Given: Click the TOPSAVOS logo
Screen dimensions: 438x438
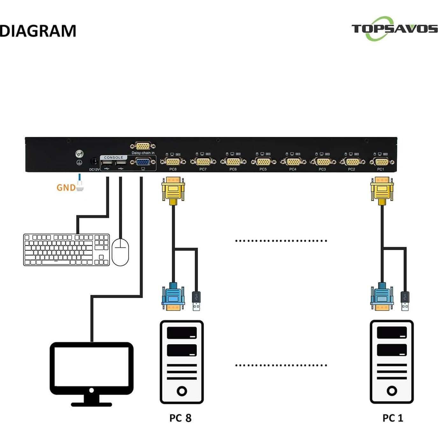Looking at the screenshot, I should (394, 29).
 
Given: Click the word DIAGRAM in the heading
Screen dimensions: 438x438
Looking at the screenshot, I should (38, 31).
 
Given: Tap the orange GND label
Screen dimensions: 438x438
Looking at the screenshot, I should (66, 188).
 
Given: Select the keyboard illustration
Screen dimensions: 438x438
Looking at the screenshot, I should (66, 250).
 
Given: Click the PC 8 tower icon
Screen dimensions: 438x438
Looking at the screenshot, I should (182, 362).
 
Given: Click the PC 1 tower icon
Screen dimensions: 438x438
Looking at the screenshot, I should (391, 362).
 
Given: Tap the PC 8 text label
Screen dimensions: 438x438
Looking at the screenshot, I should (180, 418).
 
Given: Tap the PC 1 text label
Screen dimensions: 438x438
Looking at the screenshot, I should (393, 418).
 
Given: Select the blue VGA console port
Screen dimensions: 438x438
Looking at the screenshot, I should (143, 162).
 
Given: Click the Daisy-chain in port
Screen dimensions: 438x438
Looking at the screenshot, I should (143, 146).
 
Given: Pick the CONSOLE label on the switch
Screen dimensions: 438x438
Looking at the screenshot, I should (113, 157).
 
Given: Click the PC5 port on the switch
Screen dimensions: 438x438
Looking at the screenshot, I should (263, 162).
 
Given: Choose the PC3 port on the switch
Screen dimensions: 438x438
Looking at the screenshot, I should (322, 162).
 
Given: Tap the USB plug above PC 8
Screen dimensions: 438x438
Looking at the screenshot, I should (196, 301).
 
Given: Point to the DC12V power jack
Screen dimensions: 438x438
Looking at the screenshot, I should (94, 162).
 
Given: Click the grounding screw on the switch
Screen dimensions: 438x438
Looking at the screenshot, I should (79, 154).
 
